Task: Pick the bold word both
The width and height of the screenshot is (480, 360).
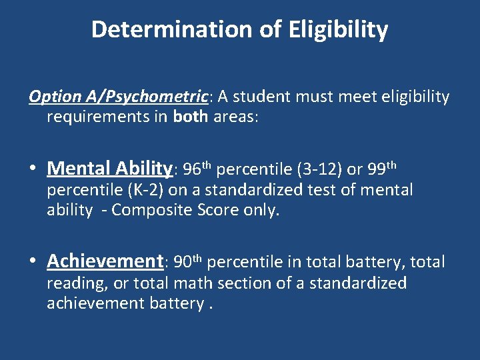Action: coord(191,117)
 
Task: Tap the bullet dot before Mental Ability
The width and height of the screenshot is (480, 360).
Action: coord(33,168)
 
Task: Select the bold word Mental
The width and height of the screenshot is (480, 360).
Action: coord(79,167)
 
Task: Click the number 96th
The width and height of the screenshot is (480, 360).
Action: coord(197,167)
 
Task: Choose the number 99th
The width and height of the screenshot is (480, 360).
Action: coord(382,167)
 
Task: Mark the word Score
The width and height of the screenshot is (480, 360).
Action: coord(217,210)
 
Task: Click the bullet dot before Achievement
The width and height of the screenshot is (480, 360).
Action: coord(33,261)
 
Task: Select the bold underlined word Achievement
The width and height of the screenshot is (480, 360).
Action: coord(105,261)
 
